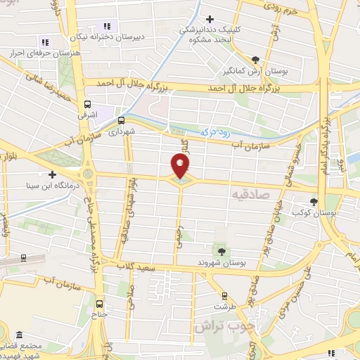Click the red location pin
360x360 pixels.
[181, 166]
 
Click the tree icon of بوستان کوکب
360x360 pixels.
[314, 202]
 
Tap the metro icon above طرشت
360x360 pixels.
[224, 296]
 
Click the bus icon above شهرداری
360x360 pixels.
[121, 120]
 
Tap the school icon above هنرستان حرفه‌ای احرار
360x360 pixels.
[46, 42]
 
